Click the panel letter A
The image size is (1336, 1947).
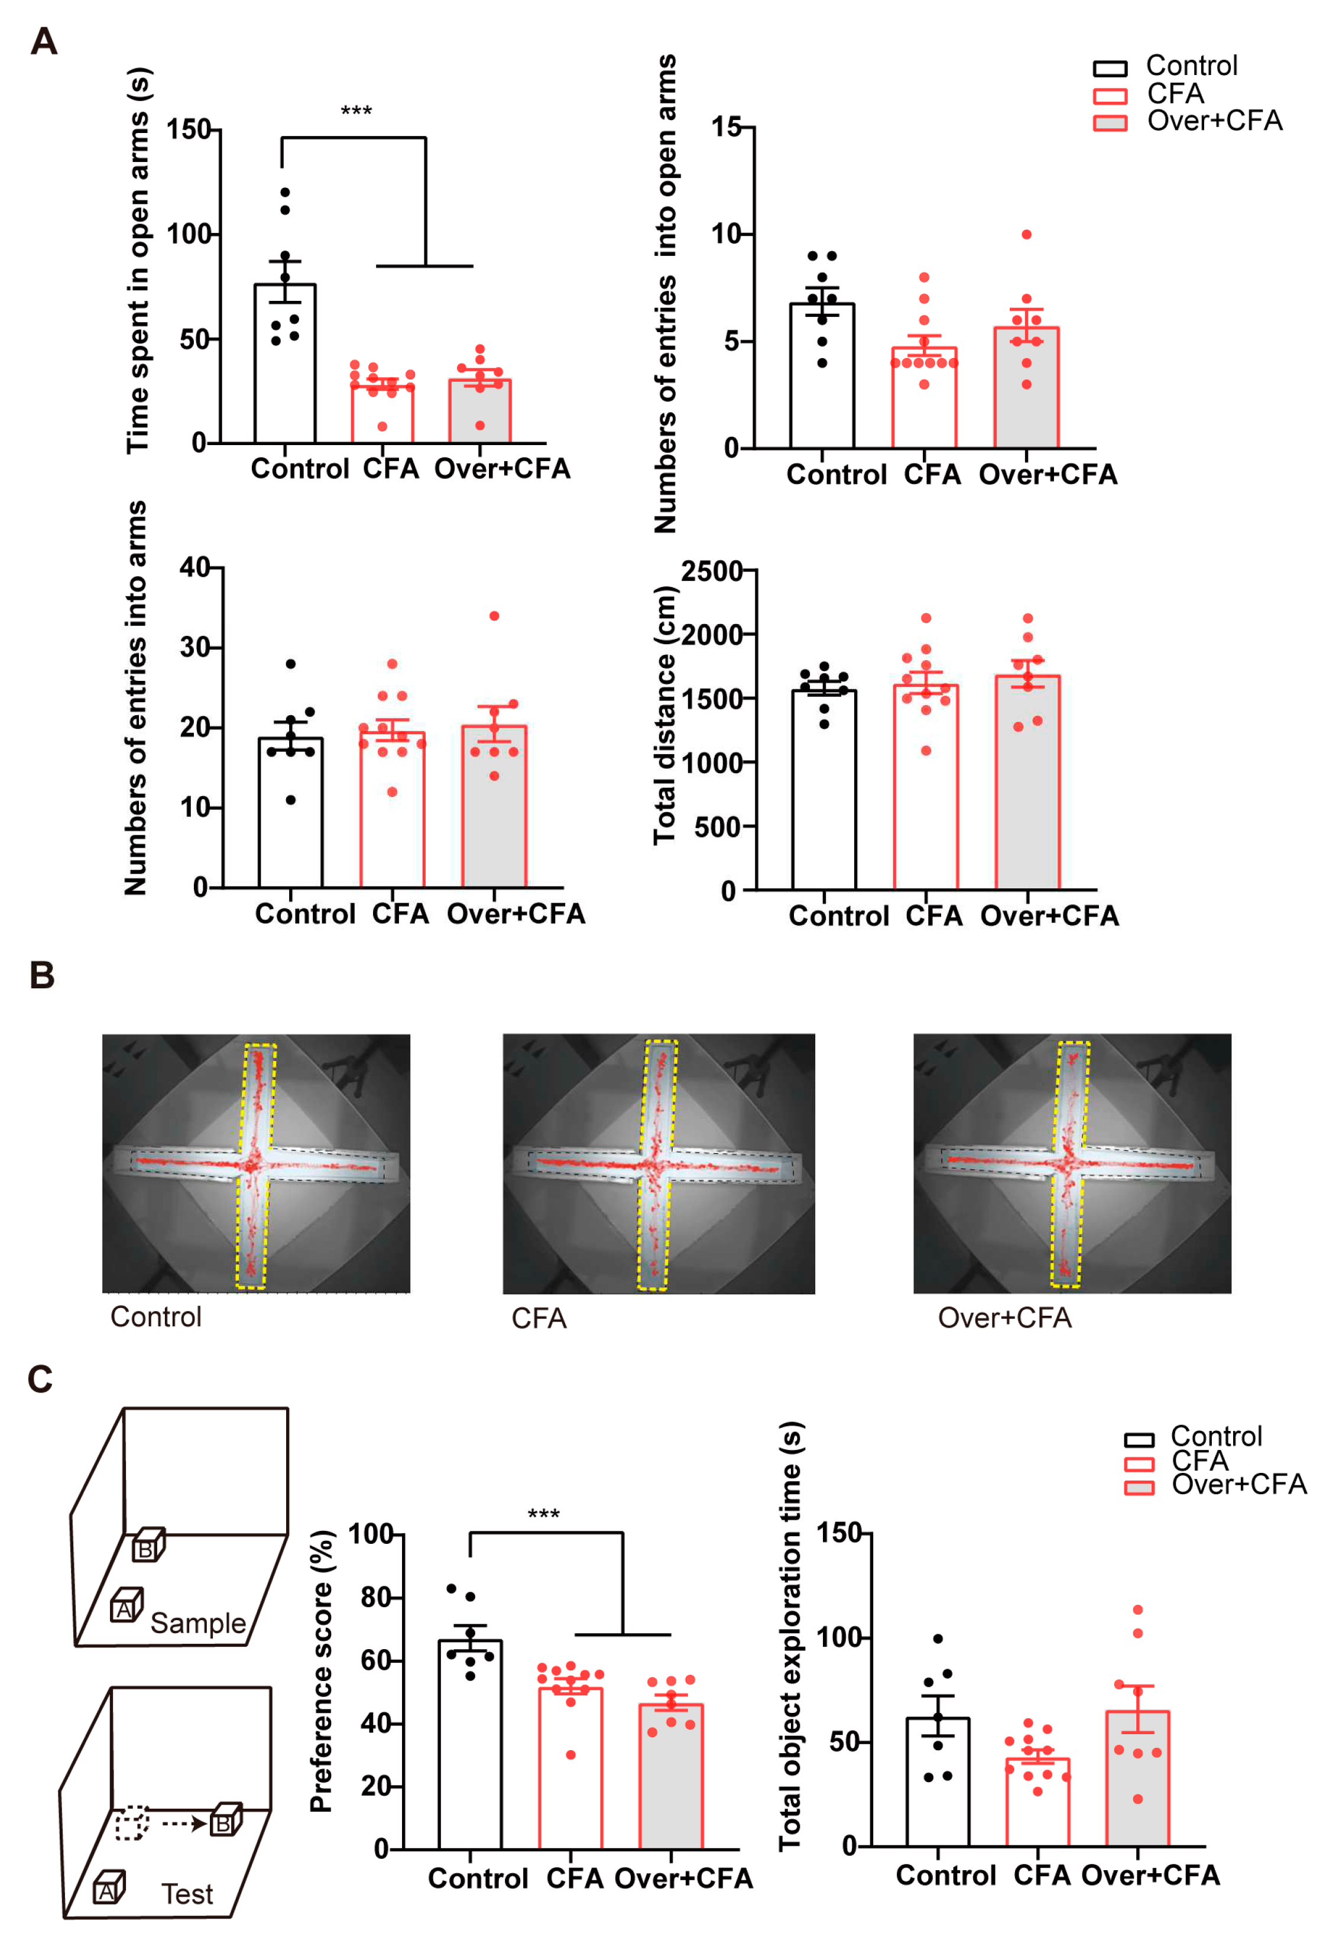[x=44, y=41]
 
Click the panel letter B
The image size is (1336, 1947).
[x=42, y=975]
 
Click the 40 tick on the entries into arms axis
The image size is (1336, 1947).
[x=194, y=567]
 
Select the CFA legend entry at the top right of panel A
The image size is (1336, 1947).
[x=1174, y=93]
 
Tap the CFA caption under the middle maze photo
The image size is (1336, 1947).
[x=539, y=1319]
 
